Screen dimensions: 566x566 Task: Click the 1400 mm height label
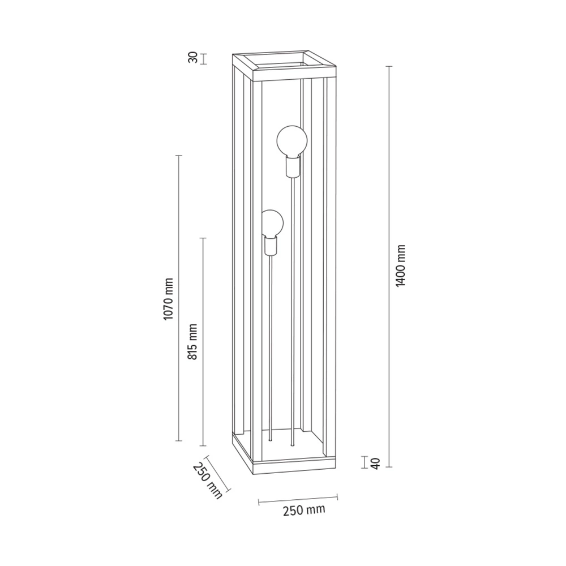(x=401, y=265)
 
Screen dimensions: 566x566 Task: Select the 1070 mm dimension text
(x=169, y=299)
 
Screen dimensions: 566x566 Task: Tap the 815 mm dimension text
(x=193, y=341)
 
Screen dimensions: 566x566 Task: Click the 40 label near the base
(x=376, y=464)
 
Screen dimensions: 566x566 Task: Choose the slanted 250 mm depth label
(x=207, y=481)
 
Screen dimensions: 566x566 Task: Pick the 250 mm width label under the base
(x=304, y=511)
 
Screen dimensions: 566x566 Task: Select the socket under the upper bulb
(x=293, y=166)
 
